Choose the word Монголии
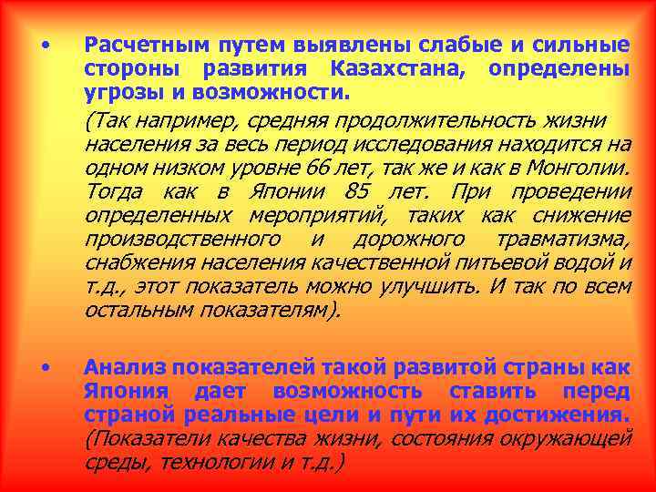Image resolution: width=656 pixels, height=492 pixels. pos(581,169)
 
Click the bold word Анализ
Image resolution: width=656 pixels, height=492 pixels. pos(132,367)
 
